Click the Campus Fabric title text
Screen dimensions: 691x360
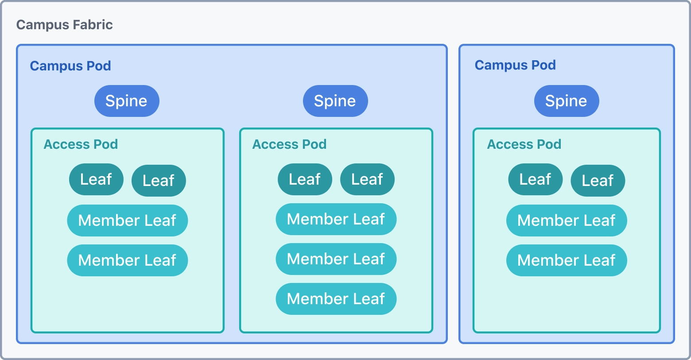click(65, 25)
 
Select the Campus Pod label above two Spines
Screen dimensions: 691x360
click(70, 66)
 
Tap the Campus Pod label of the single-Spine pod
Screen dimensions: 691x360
click(515, 65)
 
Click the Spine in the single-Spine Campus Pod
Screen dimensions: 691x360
click(567, 101)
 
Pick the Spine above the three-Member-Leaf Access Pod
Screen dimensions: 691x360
click(335, 101)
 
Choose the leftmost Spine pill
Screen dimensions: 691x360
click(127, 101)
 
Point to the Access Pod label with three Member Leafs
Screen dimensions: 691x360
click(289, 144)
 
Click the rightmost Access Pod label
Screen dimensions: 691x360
click(524, 144)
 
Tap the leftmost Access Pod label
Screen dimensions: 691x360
click(81, 144)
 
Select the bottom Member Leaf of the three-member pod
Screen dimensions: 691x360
click(336, 299)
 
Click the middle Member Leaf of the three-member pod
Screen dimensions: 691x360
click(336, 259)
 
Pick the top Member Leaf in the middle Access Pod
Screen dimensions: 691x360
click(336, 219)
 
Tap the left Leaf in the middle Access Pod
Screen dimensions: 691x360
click(305, 179)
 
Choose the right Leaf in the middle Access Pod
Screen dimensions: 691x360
click(367, 179)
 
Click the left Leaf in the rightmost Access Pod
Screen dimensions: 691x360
click(535, 179)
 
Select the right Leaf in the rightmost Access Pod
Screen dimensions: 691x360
click(598, 181)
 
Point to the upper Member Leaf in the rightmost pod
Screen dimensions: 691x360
click(567, 221)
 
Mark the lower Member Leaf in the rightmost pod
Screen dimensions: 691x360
click(567, 260)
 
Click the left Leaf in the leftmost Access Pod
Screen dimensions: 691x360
click(96, 179)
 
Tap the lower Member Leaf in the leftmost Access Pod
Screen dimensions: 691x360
click(128, 260)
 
